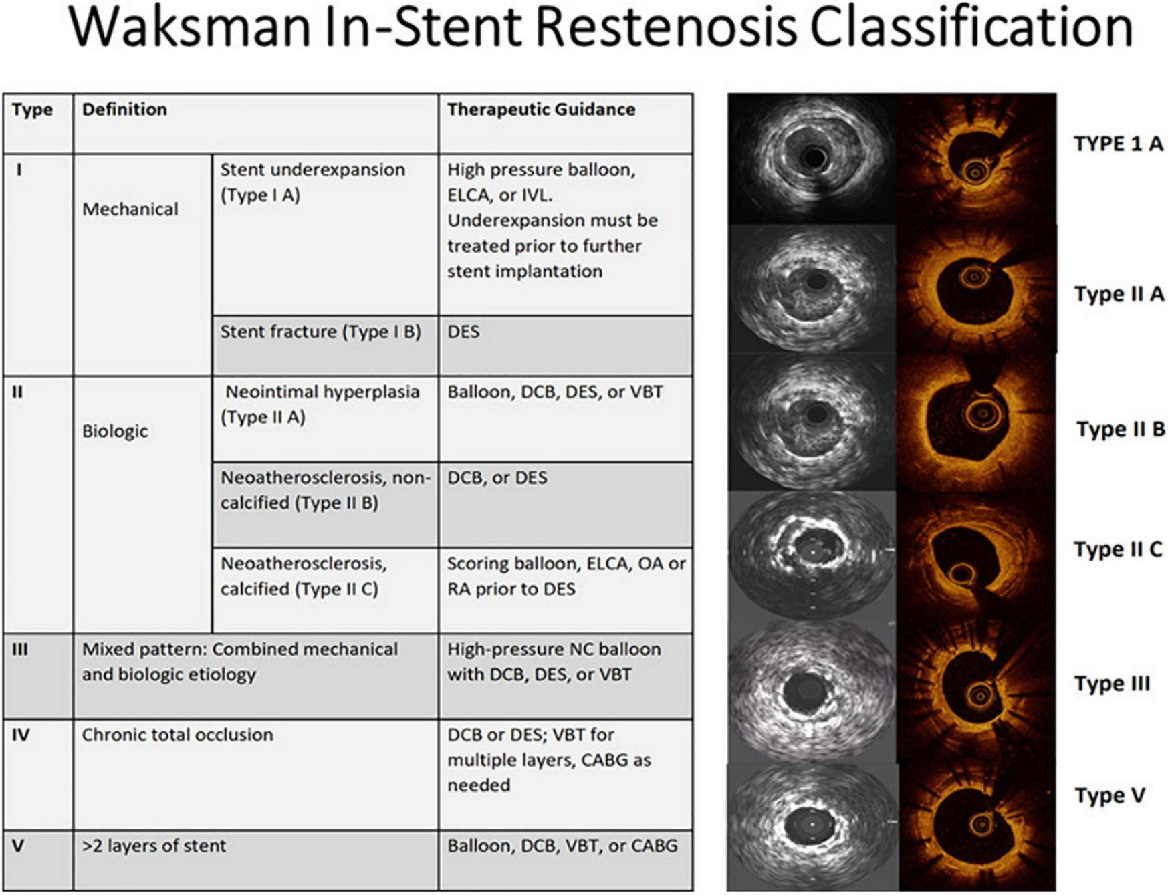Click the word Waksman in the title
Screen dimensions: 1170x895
[x=189, y=27]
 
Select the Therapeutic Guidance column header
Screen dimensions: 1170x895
[x=541, y=110]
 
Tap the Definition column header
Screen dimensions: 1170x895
[x=124, y=110]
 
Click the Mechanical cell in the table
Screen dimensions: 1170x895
[x=130, y=209]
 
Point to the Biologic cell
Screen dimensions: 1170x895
[x=115, y=431]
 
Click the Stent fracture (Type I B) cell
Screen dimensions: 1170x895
[x=320, y=332]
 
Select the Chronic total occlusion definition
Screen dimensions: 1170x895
[x=177, y=735]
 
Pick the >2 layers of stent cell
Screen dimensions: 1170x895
[x=154, y=846]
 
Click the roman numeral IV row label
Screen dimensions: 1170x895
[x=21, y=735]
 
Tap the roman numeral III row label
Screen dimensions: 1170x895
[x=19, y=649]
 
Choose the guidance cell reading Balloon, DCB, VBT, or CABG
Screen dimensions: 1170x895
[x=562, y=846]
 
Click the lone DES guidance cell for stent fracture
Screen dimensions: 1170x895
[x=463, y=332]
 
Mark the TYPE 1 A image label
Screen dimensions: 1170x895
[x=1119, y=144]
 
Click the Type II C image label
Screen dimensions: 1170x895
[x=1119, y=549]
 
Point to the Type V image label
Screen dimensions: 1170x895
[x=1110, y=795]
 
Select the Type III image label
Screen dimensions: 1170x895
[x=1113, y=684]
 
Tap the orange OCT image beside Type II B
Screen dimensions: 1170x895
[x=976, y=422]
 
